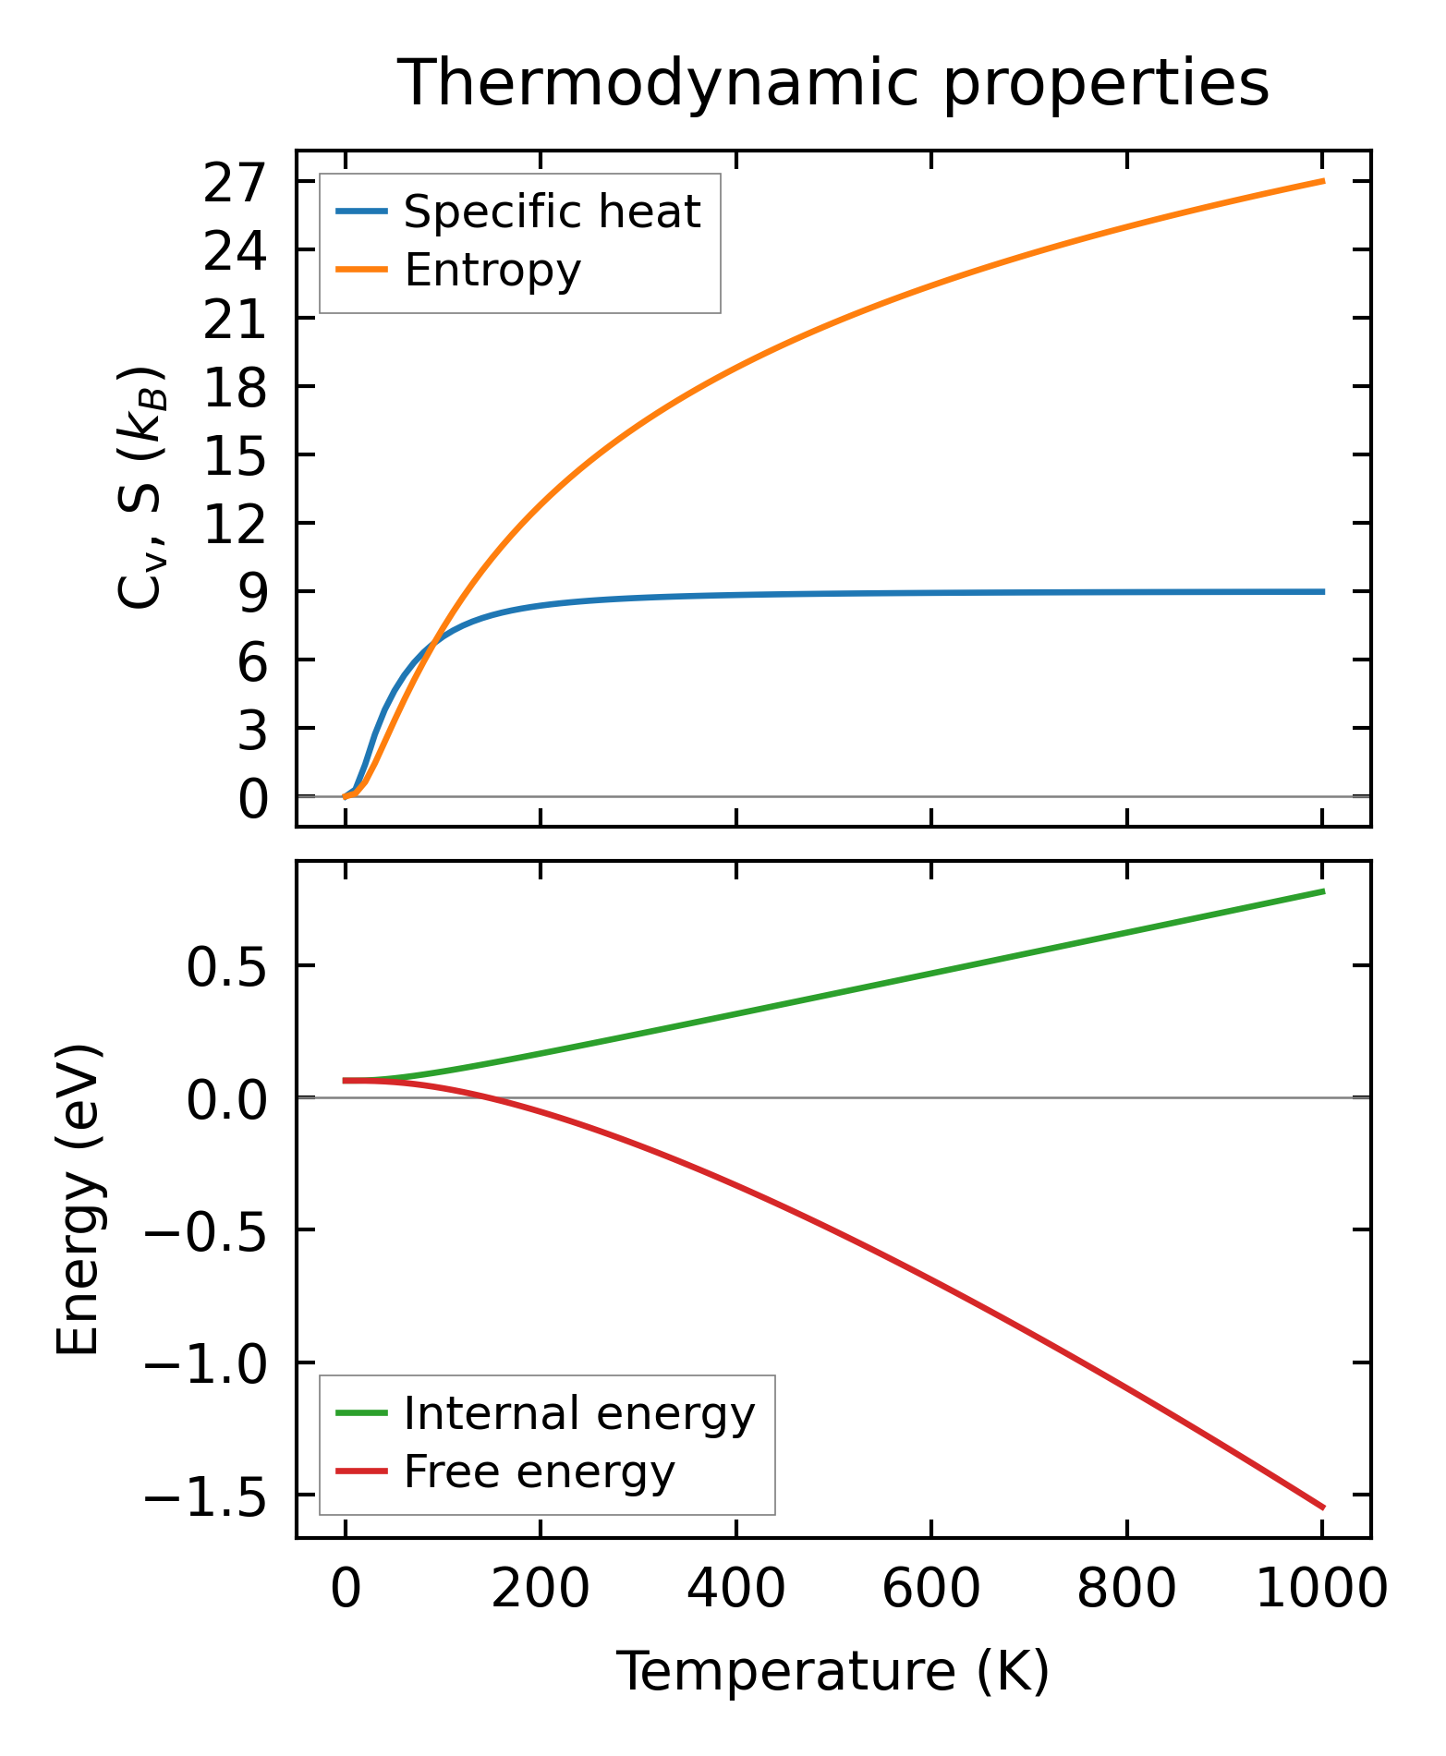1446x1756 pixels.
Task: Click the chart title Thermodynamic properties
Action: tap(833, 83)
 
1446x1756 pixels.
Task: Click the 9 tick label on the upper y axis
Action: tap(252, 592)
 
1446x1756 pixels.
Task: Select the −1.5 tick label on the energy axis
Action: tap(205, 1496)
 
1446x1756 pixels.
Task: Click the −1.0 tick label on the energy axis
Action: tap(205, 1363)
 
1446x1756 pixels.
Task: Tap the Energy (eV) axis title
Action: tap(79, 1200)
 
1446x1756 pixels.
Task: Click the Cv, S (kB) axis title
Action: tap(140, 487)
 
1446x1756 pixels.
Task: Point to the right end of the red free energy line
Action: tap(1323, 1508)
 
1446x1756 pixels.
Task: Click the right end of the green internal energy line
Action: tap(1323, 891)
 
